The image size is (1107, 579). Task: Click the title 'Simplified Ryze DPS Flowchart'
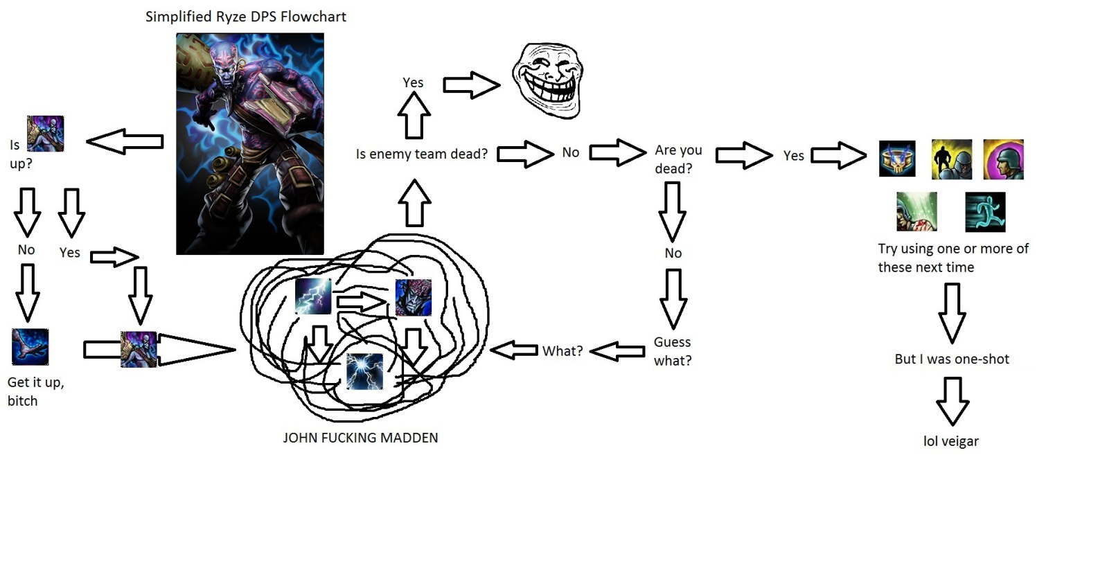[245, 17]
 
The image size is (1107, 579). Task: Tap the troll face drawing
[547, 80]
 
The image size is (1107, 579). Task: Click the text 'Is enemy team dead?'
[421, 154]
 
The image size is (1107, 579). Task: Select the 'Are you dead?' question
[678, 159]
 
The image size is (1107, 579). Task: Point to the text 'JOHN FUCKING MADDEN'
[360, 438]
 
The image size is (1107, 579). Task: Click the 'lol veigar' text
[950, 441]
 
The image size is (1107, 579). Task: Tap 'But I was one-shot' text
[951, 359]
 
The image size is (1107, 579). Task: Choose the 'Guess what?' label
[672, 351]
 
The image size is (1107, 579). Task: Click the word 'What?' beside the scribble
[562, 351]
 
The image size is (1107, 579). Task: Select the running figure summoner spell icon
[984, 212]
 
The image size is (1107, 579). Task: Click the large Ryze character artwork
[249, 144]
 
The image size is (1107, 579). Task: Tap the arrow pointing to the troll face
[471, 85]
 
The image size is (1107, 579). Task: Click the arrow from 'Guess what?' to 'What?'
[617, 351]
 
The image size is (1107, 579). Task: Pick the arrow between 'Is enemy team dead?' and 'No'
[525, 154]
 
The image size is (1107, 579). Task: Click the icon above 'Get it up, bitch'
[30, 347]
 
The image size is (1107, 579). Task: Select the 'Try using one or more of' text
[953, 249]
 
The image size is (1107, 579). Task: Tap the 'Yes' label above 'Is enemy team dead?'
[413, 82]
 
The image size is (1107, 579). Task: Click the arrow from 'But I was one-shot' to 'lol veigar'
[953, 401]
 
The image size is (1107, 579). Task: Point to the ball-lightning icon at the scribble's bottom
[364, 371]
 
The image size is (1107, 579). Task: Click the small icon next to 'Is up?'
[45, 134]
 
